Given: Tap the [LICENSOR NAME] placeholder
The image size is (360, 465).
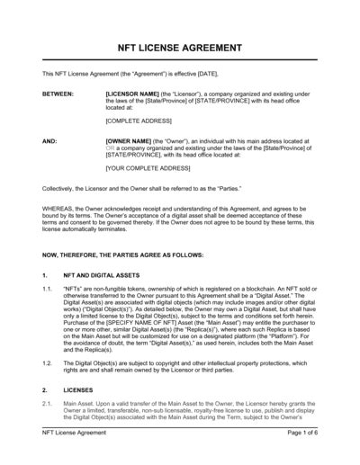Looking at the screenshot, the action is tap(134, 92).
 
